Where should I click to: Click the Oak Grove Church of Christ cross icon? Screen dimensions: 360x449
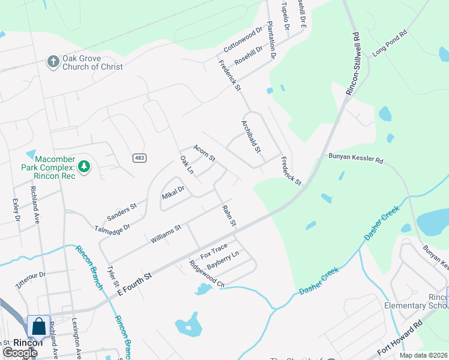click(x=53, y=62)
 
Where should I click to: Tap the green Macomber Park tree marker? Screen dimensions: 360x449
click(x=85, y=166)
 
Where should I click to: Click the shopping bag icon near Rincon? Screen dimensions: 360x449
click(x=39, y=327)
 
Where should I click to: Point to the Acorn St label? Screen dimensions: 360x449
click(x=204, y=153)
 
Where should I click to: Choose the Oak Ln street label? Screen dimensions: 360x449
click(x=187, y=166)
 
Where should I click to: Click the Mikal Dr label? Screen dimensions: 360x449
click(x=173, y=192)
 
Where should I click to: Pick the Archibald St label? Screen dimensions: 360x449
click(x=250, y=136)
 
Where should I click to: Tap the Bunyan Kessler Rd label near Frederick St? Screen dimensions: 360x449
click(x=355, y=160)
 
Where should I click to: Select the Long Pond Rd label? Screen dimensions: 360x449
click(x=390, y=44)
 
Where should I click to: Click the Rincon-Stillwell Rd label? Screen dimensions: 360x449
click(x=352, y=63)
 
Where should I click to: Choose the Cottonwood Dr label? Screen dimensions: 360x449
click(x=243, y=38)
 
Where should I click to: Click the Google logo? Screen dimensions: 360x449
click(x=20, y=352)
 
